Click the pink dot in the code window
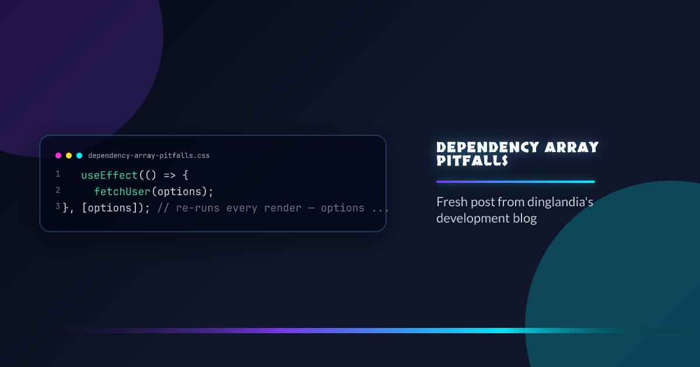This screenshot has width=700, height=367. coord(58,156)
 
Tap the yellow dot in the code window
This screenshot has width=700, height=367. coord(69,156)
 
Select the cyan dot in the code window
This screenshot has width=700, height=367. coord(79,156)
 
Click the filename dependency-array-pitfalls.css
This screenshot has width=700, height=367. coord(149,156)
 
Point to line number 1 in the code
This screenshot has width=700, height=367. coord(58,174)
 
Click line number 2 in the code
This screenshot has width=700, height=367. coord(58,190)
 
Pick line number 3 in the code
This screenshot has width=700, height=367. coord(58,207)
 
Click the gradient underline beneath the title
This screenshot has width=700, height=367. coord(515,182)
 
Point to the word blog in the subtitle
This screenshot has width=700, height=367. coord(524,218)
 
